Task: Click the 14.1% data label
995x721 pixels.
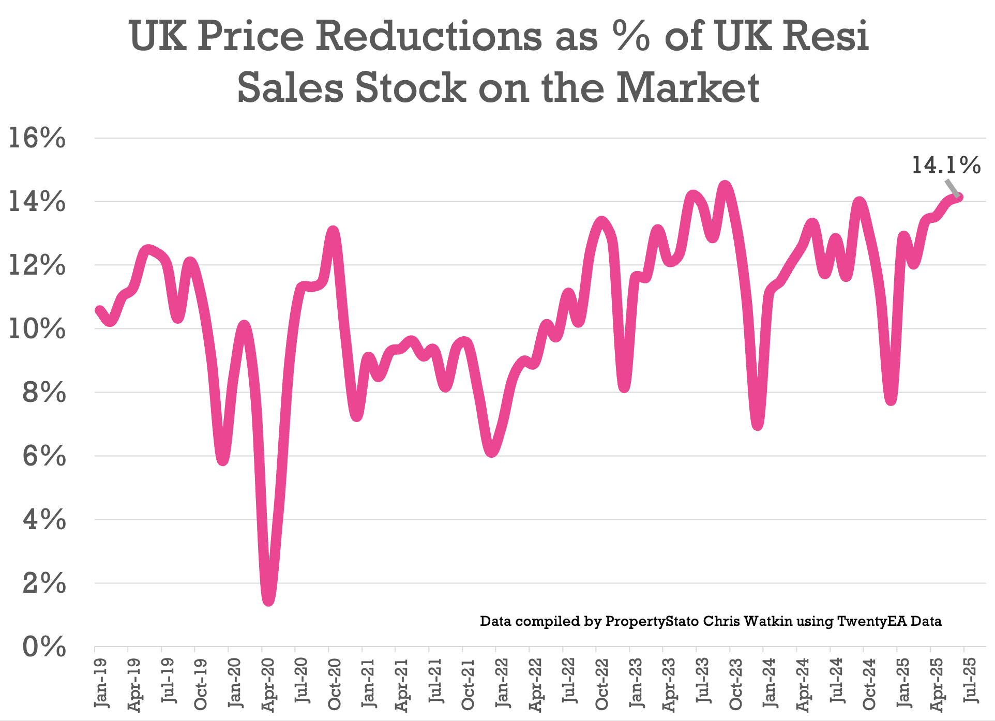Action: [945, 166]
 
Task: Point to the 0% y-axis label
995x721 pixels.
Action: [44, 647]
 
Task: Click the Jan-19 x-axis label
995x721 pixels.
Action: [101, 683]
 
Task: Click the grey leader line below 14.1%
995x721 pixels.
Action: [952, 187]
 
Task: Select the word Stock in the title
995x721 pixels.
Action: [410, 87]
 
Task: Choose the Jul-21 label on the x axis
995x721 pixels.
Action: [435, 683]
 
